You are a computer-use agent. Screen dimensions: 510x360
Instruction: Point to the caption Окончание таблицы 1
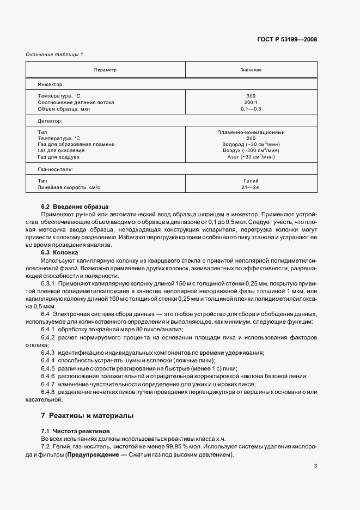(55, 54)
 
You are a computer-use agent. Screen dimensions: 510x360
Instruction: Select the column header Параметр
(105, 70)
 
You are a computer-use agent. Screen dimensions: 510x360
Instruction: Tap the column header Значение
(251, 70)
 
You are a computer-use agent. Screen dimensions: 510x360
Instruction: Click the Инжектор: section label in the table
(51, 85)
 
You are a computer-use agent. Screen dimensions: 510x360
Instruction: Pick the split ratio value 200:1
(251, 102)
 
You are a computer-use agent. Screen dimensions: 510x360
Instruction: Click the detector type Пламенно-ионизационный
(251, 132)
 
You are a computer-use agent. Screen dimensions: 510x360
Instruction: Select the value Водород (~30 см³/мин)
(251, 144)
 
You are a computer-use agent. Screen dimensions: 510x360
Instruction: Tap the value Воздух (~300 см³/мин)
(251, 150)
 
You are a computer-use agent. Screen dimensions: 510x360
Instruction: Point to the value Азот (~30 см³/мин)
(251, 157)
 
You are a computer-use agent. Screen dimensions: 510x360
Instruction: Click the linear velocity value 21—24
(251, 187)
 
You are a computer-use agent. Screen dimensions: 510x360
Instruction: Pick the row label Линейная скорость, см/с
(69, 187)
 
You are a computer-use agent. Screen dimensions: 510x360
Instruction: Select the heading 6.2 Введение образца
(75, 207)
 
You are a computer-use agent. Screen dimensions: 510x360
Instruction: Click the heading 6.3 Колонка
(60, 253)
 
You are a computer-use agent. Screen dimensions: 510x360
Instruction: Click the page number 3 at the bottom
(315, 466)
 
